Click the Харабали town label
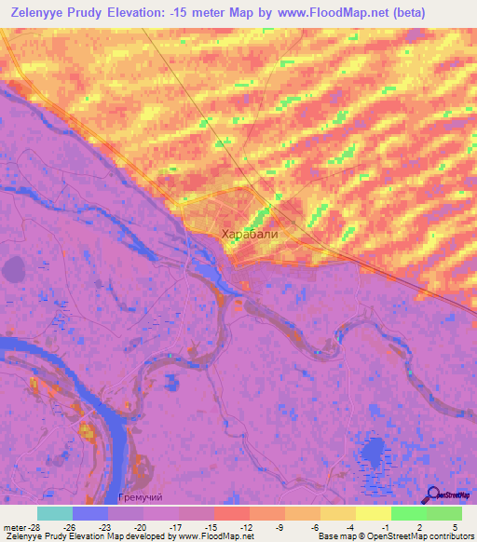point(249,236)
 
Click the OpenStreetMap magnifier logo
point(433,495)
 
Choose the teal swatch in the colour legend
point(54,513)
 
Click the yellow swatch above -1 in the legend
point(373,513)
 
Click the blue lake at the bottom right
point(373,455)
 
